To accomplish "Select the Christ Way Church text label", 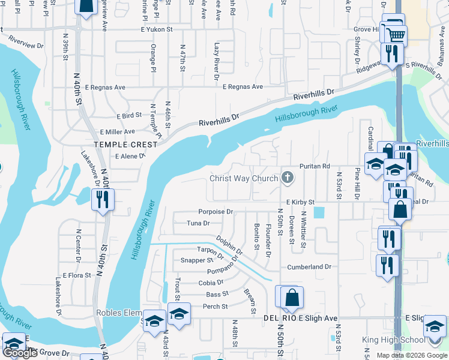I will pyautogui.click(x=243, y=178).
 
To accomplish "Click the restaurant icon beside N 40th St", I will pyautogui.click(x=102, y=199).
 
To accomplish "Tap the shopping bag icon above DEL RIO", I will pyautogui.click(x=292, y=298).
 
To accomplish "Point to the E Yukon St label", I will pyautogui.click(x=157, y=29).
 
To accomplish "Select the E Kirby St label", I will pyautogui.click(x=300, y=203).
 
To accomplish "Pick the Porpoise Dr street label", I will pyautogui.click(x=215, y=212).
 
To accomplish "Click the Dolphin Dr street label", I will pyautogui.click(x=229, y=245).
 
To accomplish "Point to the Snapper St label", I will pyautogui.click(x=197, y=260).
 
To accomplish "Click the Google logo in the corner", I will pyautogui.click(x=20, y=353).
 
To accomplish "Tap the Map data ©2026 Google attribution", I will pyautogui.click(x=411, y=355).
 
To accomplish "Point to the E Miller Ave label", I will pyautogui.click(x=118, y=131).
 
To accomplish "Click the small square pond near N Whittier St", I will pyautogui.click(x=318, y=212).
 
